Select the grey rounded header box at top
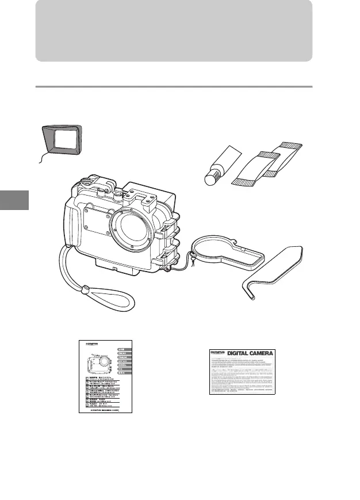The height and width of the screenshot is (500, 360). coord(174,30)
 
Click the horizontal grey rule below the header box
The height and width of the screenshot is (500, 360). coord(174,87)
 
